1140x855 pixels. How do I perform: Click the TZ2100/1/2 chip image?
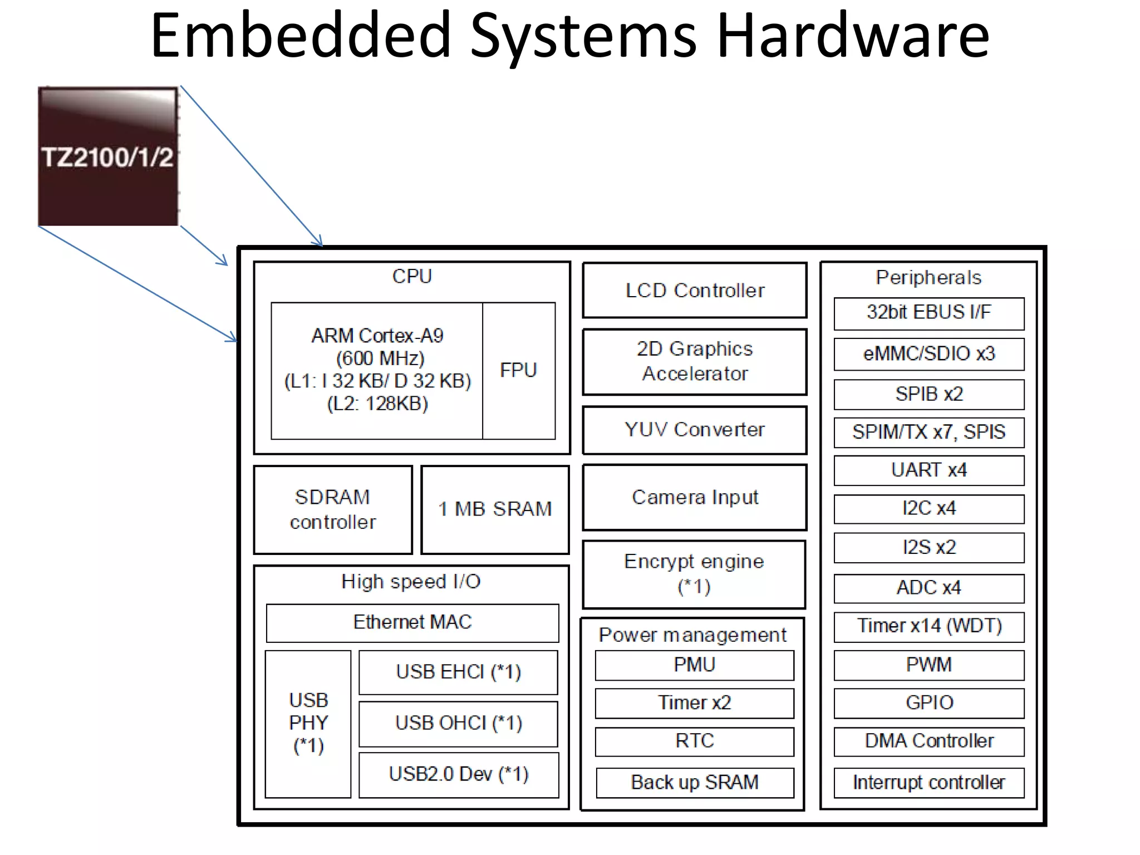(108, 156)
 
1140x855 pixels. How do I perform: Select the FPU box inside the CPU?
(518, 371)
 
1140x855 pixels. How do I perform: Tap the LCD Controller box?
(695, 290)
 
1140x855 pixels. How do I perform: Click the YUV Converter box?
(695, 430)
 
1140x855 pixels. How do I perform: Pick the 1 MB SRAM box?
(495, 509)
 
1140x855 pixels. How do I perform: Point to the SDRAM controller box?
(333, 509)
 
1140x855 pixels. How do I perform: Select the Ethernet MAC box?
(412, 622)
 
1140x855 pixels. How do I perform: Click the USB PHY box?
(308, 723)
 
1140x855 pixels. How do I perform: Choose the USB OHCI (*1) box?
(458, 723)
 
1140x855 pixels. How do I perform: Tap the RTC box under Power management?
(694, 741)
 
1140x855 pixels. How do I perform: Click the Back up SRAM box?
(694, 783)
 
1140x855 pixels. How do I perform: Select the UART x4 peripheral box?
(928, 470)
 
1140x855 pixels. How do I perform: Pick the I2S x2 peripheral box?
(928, 547)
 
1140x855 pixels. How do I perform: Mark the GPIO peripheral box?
(928, 703)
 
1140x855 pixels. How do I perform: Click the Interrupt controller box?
(928, 783)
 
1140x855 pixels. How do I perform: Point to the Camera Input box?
(695, 497)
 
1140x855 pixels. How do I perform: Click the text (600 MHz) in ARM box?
(380, 358)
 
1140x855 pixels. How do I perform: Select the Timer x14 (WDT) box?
(928, 626)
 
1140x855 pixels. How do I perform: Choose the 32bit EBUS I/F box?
(928, 312)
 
